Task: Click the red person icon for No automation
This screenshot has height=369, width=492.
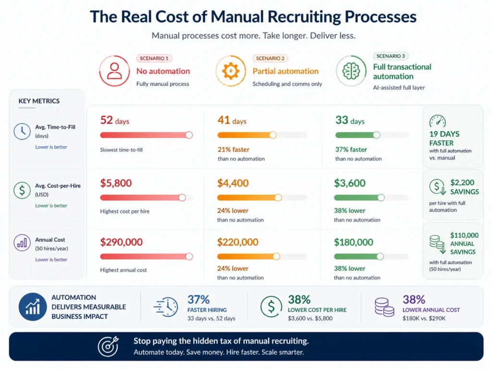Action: tap(114, 71)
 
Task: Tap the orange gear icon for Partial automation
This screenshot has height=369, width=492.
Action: tap(231, 71)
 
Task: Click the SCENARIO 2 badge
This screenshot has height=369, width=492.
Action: tap(270, 58)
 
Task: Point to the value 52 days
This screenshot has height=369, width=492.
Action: tap(114, 121)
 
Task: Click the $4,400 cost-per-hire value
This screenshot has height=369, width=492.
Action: tap(233, 183)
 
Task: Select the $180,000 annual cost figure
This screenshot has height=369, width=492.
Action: tap(354, 242)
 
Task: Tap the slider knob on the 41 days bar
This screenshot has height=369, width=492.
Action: tap(273, 135)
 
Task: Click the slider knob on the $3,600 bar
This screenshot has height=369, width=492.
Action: tap(381, 197)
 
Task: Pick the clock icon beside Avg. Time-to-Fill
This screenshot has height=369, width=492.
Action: tap(22, 131)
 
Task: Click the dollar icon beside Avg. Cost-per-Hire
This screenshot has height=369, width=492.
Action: tap(22, 190)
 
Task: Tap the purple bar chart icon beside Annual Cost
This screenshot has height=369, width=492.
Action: tap(22, 243)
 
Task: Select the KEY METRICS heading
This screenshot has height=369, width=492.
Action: tap(39, 101)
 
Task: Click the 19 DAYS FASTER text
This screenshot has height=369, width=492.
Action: tap(444, 138)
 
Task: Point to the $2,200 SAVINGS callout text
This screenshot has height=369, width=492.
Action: tap(464, 187)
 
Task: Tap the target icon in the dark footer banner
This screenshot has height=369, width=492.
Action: tap(108, 346)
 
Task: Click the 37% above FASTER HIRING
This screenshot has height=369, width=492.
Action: tap(198, 300)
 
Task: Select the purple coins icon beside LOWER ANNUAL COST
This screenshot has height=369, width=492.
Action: tap(384, 307)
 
